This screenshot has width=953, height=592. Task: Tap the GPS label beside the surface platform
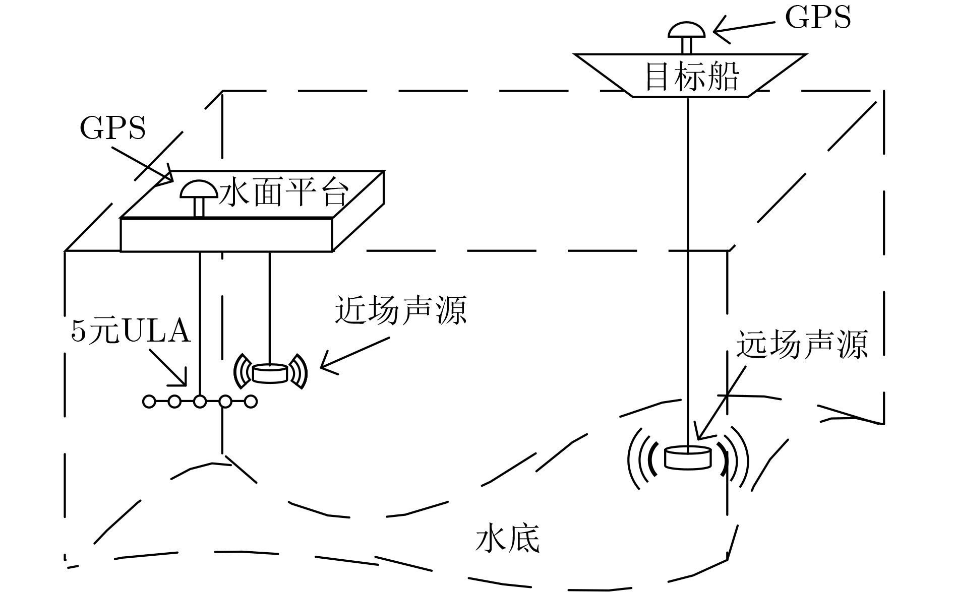point(112,128)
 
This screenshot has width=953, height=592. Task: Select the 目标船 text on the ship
point(692,77)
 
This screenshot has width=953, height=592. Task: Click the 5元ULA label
point(131,332)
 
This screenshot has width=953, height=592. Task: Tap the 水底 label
point(507,540)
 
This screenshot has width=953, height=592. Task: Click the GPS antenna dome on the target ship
point(686,30)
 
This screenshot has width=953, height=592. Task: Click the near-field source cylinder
point(270,373)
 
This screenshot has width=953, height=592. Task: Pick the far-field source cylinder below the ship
point(688,457)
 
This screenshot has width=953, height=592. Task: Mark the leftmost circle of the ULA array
point(149,402)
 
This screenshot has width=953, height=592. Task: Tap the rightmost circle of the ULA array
point(251,402)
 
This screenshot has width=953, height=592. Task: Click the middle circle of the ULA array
point(200,402)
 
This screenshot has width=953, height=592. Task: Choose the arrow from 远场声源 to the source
point(721,402)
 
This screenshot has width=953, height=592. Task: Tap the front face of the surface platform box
point(226,235)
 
